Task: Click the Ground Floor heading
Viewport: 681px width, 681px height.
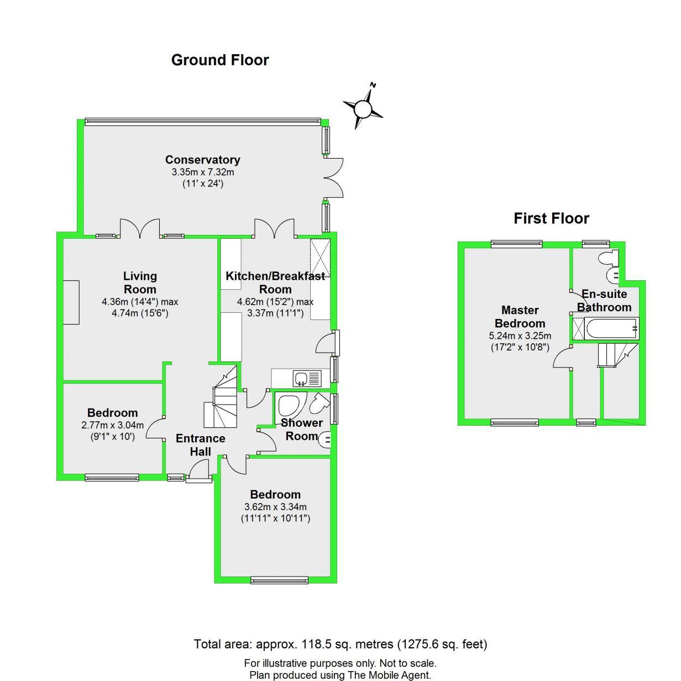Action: point(220,60)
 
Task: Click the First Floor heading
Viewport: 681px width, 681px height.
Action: point(551,218)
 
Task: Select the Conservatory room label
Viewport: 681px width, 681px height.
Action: point(202,160)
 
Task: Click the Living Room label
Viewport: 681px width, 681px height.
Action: point(140,282)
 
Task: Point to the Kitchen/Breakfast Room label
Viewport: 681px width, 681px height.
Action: point(275,282)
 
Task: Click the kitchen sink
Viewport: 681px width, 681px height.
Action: point(302,379)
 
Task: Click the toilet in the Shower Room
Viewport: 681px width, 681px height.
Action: point(318,404)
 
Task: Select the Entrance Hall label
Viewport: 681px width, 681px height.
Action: point(200,445)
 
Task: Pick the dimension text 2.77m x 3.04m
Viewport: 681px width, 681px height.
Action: point(112,425)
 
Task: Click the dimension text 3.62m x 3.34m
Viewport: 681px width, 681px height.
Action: point(275,507)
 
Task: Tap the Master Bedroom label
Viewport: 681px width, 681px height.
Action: point(520,317)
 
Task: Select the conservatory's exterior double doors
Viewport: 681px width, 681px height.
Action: point(334,177)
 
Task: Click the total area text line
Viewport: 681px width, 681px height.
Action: point(340,644)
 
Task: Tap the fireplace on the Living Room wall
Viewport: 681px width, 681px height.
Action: point(71,302)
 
